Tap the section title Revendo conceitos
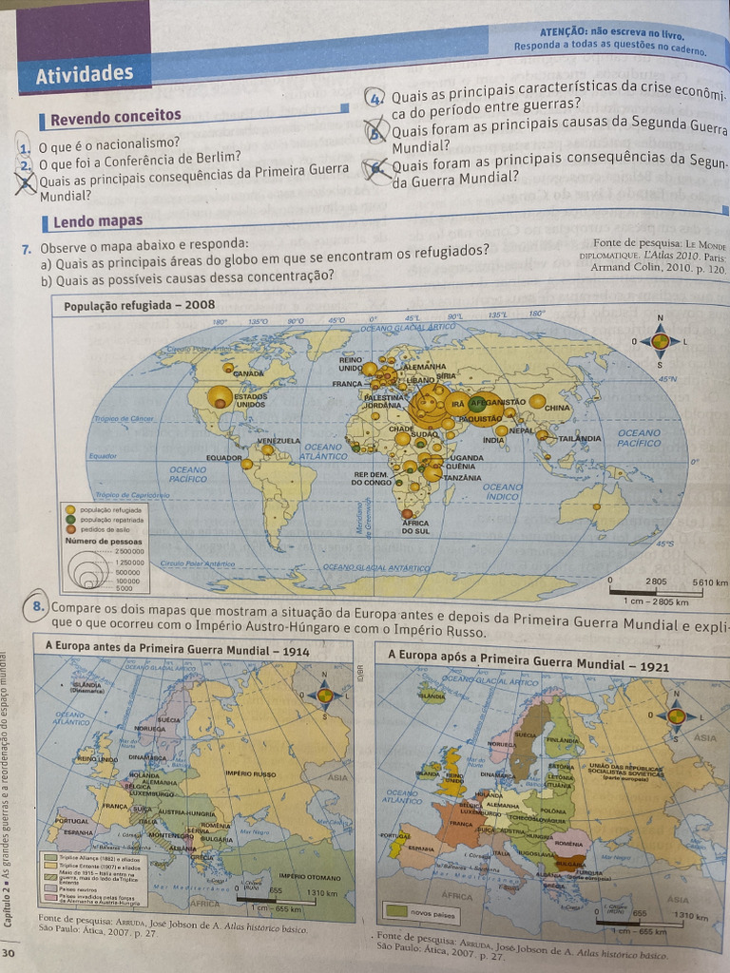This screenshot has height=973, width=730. (115, 117)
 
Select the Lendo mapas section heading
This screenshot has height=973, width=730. (98, 221)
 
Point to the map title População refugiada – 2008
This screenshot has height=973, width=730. (139, 306)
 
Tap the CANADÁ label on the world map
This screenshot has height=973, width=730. (248, 373)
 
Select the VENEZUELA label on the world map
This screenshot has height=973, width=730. (279, 440)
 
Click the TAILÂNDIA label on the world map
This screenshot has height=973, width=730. (579, 438)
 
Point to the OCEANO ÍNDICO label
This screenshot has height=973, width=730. (502, 491)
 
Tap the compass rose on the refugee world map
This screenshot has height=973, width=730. (660, 340)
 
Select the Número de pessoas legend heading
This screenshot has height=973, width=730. (104, 541)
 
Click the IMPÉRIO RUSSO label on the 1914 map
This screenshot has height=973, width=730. (251, 773)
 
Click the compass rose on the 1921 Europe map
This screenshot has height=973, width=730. (676, 715)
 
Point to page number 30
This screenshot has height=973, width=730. (9, 953)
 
